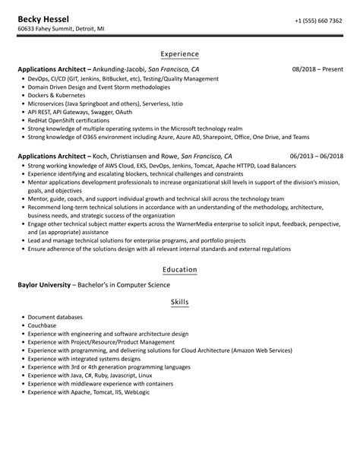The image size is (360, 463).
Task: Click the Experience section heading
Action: click(180, 54)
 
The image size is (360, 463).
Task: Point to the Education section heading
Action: click(180, 270)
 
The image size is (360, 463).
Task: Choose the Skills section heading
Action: click(180, 302)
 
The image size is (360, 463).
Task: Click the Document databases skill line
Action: click(55, 317)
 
